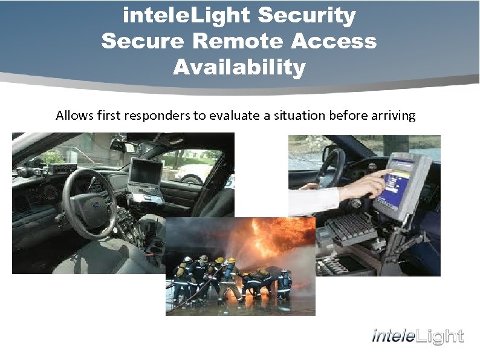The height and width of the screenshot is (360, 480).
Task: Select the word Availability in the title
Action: click(x=239, y=67)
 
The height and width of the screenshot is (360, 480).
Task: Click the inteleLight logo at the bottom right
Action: click(x=418, y=336)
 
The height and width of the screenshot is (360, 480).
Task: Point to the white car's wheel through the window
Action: click(x=193, y=178)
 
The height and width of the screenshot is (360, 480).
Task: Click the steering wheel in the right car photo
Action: click(x=329, y=163)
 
